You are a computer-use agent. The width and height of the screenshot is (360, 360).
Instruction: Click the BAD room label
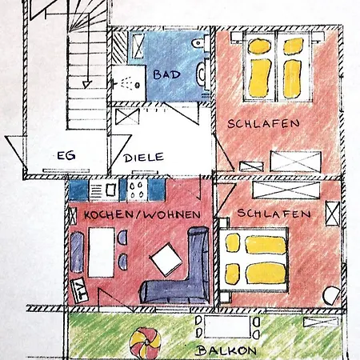[166, 74]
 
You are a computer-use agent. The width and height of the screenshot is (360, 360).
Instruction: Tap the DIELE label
[143, 158]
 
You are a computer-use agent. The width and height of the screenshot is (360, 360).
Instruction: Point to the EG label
[66, 155]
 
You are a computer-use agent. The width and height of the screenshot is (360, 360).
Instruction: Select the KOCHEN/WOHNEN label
[142, 214]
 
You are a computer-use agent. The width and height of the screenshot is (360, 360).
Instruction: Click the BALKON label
[226, 350]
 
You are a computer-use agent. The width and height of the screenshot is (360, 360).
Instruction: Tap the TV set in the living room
[79, 290]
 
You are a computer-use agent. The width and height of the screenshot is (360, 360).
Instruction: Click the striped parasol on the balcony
[145, 343]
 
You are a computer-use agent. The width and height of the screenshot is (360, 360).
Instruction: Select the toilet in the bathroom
[201, 43]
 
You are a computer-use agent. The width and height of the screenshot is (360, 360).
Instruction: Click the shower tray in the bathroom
[129, 83]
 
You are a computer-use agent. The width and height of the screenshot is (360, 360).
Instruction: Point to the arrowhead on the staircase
[86, 85]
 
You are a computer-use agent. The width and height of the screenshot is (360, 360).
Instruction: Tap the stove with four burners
[137, 190]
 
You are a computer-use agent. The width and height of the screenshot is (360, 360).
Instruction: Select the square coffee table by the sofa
[166, 259]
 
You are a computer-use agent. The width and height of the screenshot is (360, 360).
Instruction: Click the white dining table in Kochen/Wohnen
[102, 252]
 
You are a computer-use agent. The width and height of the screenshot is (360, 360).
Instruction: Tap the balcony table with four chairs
[227, 326]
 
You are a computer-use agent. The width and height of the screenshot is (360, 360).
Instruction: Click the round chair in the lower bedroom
[331, 295]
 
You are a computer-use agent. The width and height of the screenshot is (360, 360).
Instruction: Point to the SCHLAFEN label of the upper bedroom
[264, 124]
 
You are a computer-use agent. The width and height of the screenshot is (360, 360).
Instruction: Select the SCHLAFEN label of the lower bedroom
[274, 214]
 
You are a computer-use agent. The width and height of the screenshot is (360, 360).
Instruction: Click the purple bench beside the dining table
[77, 252]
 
